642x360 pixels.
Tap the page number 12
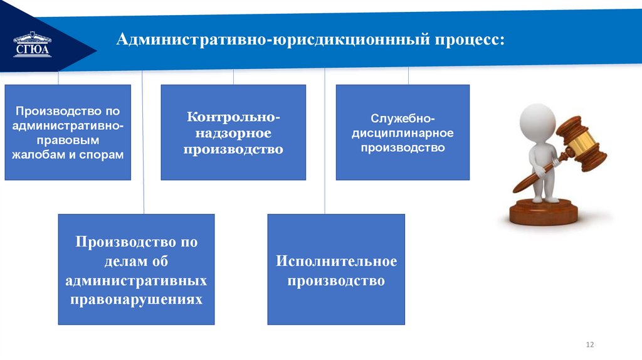point(589,344)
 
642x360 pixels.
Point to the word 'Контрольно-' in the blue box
point(233,117)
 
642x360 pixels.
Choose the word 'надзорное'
point(233,133)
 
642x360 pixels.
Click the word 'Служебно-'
point(402,118)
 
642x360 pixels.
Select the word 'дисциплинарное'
point(402,133)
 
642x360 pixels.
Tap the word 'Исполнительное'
point(336,261)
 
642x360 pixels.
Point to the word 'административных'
point(136,280)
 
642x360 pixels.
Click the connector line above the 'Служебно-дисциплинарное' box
point(408,76)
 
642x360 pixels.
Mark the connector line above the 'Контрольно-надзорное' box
point(233,76)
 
